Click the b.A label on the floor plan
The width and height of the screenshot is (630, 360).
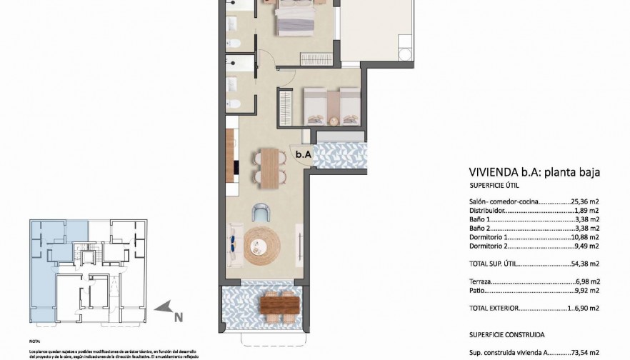303,154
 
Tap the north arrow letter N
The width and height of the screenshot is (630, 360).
179,317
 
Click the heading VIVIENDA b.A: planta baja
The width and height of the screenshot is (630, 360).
533,172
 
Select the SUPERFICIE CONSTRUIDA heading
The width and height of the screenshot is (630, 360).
507,333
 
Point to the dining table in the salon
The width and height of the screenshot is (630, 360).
269,166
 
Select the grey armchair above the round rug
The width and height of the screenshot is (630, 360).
262,212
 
